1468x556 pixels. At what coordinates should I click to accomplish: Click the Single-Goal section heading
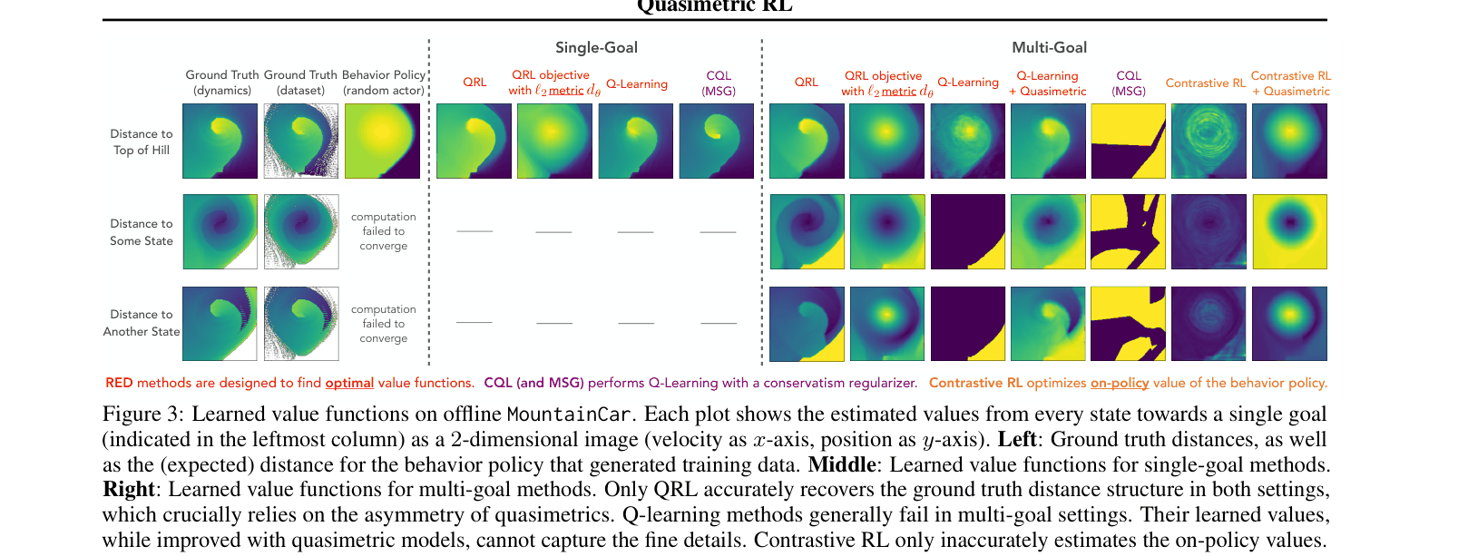(596, 47)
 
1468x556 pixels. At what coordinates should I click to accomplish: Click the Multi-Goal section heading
(1049, 47)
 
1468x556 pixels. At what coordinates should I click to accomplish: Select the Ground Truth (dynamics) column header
(222, 83)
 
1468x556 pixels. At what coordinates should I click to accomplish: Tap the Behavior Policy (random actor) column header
(384, 83)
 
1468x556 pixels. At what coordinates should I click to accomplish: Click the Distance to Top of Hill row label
(142, 141)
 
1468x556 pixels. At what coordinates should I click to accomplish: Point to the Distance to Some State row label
(142, 232)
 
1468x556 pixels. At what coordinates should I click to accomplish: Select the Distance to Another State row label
(142, 323)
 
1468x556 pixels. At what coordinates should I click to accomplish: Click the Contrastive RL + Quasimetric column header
(1290, 83)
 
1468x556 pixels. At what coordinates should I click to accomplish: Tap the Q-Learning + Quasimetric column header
(1048, 83)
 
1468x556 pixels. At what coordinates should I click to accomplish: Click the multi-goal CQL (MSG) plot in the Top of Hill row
(1128, 141)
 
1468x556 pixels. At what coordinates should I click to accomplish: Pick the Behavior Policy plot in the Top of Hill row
(382, 141)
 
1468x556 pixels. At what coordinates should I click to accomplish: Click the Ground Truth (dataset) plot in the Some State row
(301, 231)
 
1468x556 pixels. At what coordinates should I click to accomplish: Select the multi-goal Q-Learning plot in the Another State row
(967, 324)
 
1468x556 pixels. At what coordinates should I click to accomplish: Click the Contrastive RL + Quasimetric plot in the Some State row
(1289, 231)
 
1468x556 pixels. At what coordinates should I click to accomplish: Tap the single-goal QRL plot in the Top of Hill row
(474, 141)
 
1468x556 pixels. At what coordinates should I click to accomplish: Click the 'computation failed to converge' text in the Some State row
(384, 231)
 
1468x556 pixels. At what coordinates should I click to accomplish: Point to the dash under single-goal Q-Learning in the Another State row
(636, 323)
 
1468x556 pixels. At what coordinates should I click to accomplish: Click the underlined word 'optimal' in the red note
(349, 383)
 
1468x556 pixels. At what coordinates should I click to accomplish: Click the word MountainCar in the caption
(568, 415)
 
